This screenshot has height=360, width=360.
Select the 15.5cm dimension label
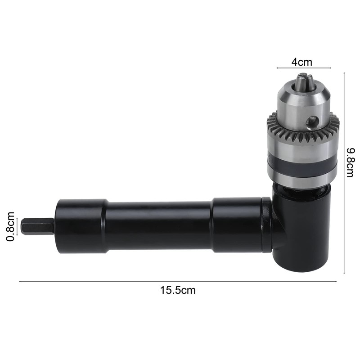coord(178,290)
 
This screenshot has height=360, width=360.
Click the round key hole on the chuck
coord(310,121)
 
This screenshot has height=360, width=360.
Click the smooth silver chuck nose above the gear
coord(301,101)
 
